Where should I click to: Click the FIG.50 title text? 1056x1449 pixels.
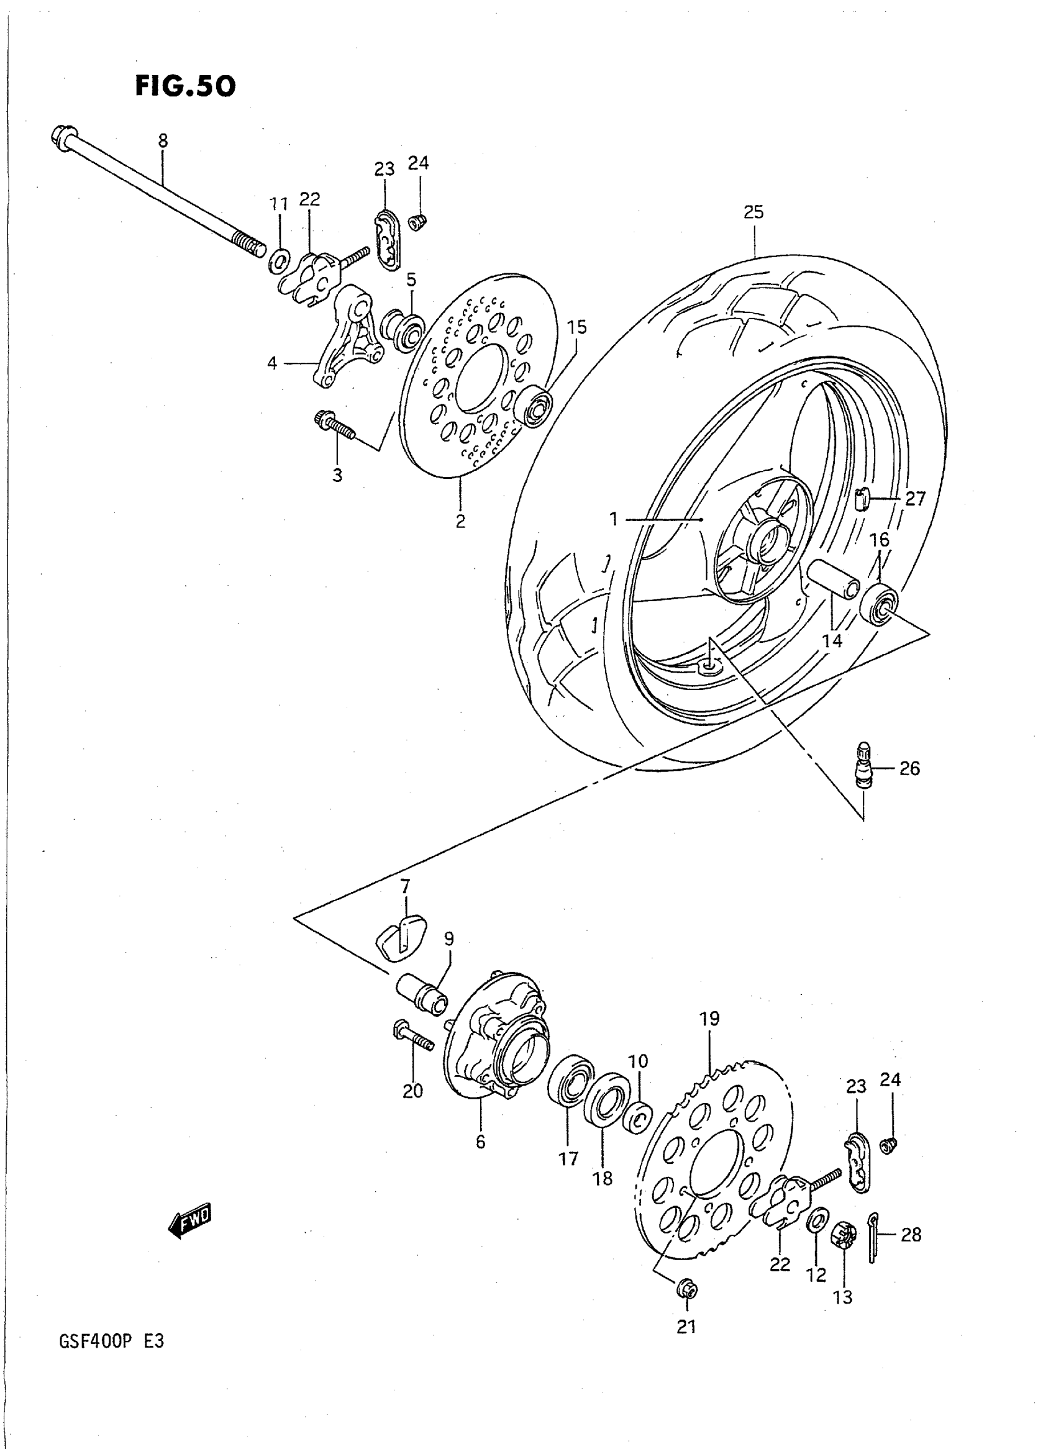pos(184,86)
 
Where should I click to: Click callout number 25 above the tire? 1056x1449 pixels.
pos(753,212)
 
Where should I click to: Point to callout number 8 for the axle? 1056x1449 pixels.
pos(163,140)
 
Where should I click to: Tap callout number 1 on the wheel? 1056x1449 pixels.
pos(614,519)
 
